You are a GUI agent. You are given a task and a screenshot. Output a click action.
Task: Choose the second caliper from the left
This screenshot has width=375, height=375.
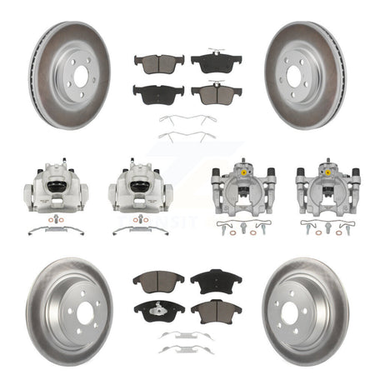click(140, 183)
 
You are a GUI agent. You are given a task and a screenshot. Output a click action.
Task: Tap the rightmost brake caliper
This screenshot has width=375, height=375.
click(322, 185)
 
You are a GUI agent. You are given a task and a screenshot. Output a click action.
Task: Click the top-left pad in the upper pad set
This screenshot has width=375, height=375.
click(158, 63)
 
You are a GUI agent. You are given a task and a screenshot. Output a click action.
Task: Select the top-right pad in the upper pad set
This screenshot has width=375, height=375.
click(216, 61)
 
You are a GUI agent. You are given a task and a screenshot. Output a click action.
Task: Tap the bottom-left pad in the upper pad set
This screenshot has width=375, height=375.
click(158, 92)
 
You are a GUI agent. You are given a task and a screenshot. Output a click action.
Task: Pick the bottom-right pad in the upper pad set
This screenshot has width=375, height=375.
click(216, 93)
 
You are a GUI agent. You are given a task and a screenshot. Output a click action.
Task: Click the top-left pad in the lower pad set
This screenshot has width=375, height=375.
click(158, 278)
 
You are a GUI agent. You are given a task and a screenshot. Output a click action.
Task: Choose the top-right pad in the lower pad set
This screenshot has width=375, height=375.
click(216, 279)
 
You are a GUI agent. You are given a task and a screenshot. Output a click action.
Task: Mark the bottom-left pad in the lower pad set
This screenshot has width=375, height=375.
click(158, 311)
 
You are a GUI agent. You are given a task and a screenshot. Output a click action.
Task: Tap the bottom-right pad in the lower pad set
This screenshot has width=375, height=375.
click(216, 312)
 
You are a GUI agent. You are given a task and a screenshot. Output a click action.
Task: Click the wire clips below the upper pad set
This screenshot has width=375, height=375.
click(187, 127)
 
